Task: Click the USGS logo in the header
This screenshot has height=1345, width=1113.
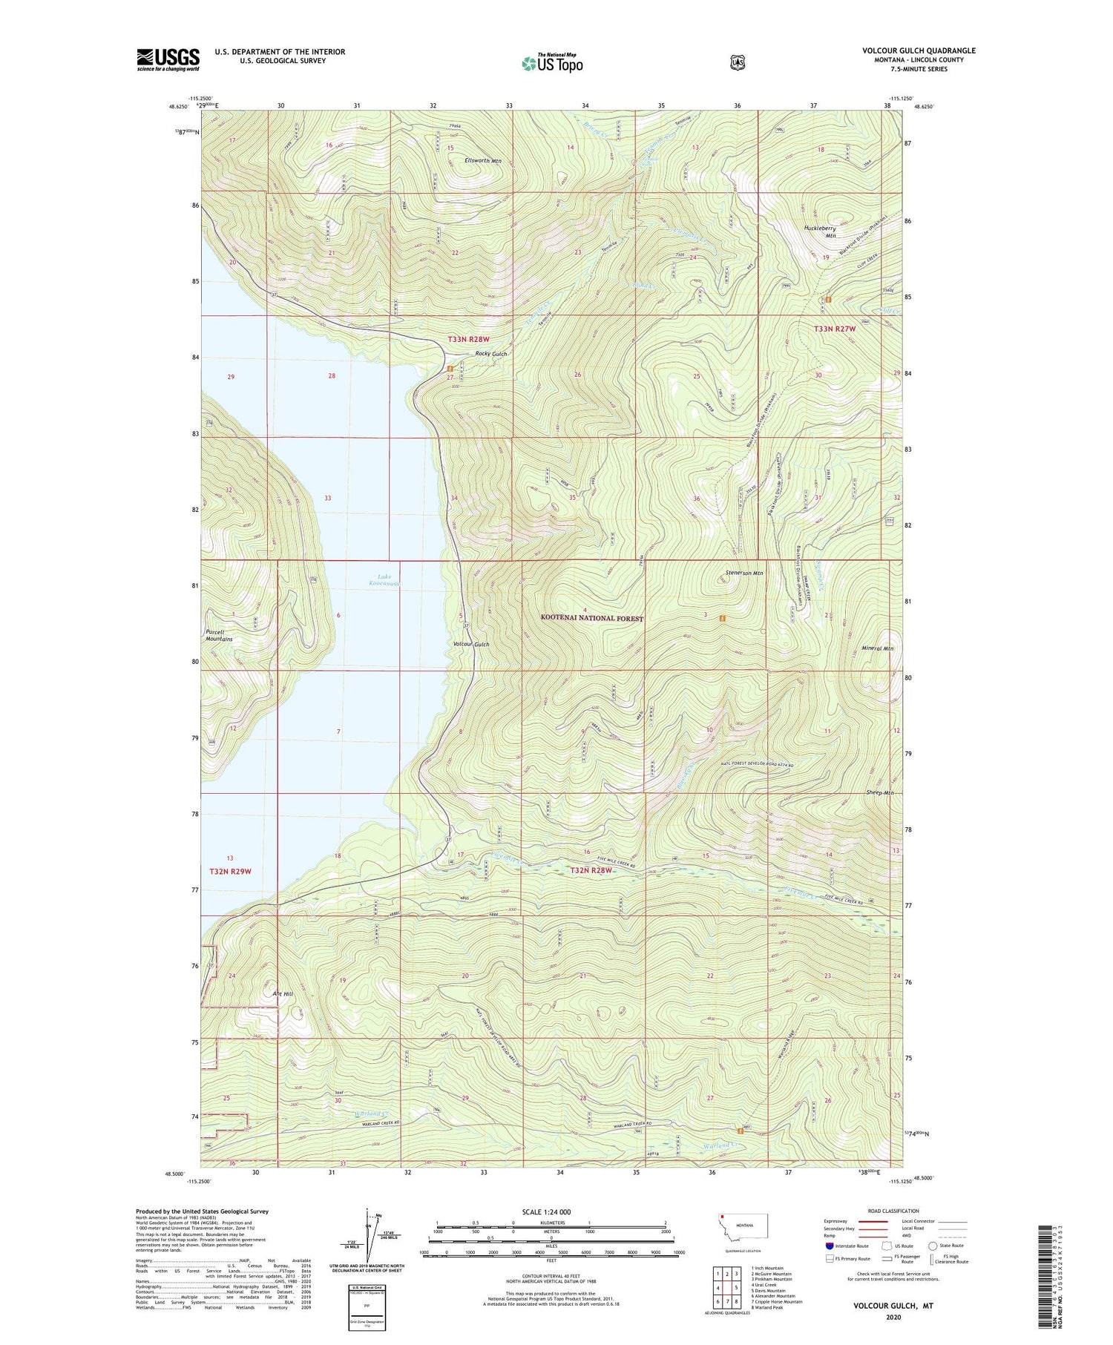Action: [168, 59]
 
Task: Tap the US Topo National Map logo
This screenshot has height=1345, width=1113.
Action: [552, 62]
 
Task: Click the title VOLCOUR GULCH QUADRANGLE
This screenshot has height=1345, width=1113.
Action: [919, 50]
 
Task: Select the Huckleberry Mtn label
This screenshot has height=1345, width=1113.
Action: [821, 232]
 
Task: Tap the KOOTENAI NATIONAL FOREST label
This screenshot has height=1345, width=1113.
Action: [591, 618]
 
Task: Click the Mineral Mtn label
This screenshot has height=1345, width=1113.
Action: [877, 648]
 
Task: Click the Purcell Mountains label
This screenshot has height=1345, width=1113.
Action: [219, 635]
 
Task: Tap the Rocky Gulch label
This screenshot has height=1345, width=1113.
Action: [490, 354]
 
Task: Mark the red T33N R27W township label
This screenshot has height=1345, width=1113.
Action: [834, 329]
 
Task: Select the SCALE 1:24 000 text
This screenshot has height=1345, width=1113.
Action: [547, 1211]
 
